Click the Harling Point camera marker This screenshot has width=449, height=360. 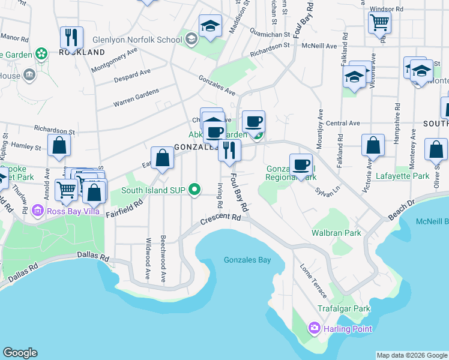pos(313,328)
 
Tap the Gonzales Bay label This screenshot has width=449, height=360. pos(247,260)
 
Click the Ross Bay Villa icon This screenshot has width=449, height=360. pos(38,211)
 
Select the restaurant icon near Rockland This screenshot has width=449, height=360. pos(71,37)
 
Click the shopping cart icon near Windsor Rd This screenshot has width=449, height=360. pos(380,23)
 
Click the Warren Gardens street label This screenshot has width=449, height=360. pos(136,98)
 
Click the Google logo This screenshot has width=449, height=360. pos(20,353)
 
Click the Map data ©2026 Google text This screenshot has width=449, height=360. pos(412,355)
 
